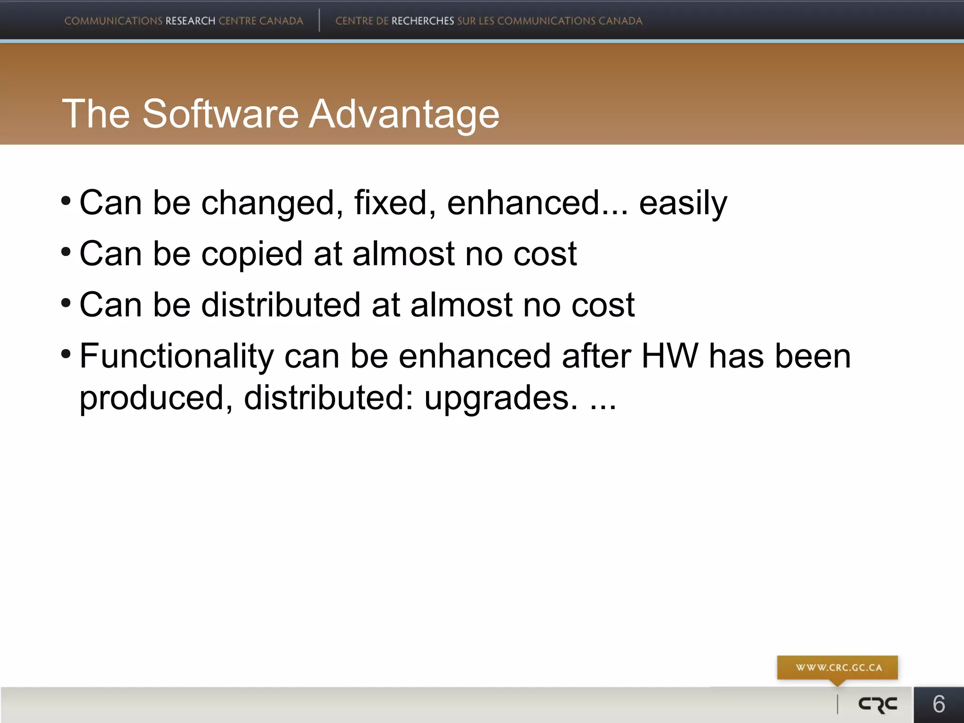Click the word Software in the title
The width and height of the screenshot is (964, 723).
point(220,114)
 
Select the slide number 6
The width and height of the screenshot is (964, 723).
point(939,704)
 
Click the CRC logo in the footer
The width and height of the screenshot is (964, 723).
point(878,705)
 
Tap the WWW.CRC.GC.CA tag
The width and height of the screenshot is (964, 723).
point(838,667)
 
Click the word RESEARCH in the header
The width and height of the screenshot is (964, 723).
point(190,21)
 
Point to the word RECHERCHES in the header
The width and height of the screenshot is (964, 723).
point(423,21)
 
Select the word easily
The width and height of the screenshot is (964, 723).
point(683,203)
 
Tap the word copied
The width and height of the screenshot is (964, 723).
point(251,254)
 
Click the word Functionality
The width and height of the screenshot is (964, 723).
point(177,356)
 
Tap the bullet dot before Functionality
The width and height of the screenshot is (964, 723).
point(66,353)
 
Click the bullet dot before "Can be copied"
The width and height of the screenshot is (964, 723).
point(66,251)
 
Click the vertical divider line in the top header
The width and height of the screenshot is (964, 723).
point(319,20)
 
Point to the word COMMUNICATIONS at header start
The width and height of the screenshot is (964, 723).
point(113,21)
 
